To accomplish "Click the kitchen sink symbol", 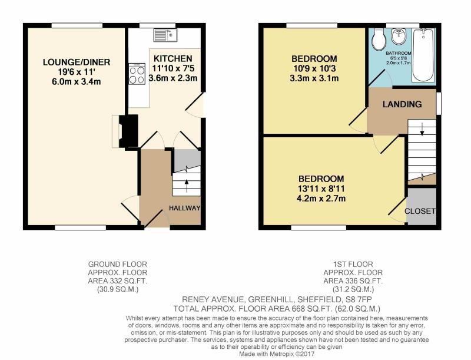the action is coord(166,35).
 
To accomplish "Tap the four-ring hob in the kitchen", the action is coord(137,74).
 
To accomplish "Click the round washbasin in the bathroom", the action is coord(399,36).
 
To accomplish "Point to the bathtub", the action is coord(423,55).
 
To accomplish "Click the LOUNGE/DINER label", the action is coord(77,62).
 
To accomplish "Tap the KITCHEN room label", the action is coord(173,58).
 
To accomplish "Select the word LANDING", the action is coord(402,104).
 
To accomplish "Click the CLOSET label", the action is coord(420,211).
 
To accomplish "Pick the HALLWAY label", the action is coord(184,208).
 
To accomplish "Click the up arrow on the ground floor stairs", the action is coord(187,186).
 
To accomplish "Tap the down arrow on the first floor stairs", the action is coord(422,128).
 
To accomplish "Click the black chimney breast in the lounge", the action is coord(129,131).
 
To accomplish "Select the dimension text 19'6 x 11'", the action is coord(77,72).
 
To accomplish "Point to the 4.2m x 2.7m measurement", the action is coord(321,199).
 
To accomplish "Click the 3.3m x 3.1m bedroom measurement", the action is coord(314,78).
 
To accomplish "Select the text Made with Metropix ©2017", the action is coord(277,354).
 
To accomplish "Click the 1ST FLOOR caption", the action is coord(353,265).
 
